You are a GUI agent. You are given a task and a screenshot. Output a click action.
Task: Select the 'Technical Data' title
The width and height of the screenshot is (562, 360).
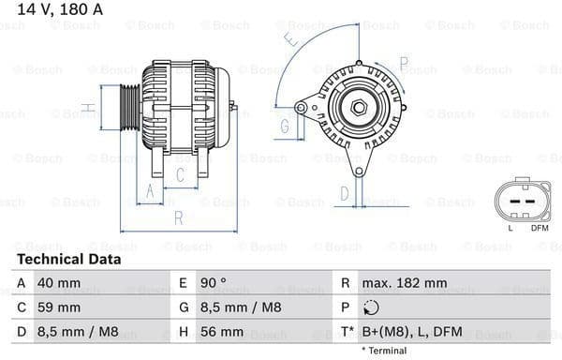coord(68,259)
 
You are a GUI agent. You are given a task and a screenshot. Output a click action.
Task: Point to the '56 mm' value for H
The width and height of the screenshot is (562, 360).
coord(225,331)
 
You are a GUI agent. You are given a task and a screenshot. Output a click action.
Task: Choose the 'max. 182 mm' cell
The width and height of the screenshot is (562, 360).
coord(406,282)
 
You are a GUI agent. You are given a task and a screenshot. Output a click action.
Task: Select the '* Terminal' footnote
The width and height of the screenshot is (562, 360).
coord(384,351)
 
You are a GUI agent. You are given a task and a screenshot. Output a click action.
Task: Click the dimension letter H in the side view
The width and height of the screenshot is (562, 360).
coord(87,108)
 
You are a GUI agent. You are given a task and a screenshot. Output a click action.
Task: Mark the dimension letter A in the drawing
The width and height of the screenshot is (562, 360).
coord(147,192)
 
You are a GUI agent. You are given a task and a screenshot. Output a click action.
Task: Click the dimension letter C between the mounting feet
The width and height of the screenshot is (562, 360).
coord(181,173)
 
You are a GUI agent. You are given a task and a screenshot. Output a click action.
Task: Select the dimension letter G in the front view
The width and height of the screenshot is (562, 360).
coord(284,126)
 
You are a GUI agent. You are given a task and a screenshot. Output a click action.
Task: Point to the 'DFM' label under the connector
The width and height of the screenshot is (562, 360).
coord(540,228)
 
